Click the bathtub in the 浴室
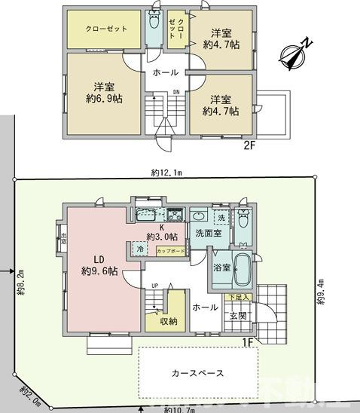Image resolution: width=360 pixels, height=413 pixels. point(241,271)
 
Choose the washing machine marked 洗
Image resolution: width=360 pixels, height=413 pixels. point(221,218)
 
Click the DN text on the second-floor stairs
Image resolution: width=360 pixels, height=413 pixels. point(175,93)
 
